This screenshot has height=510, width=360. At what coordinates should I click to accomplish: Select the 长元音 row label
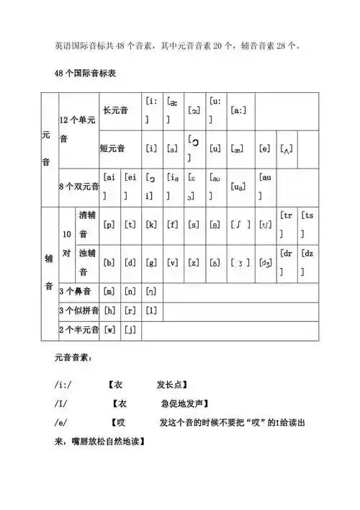coord(119,111)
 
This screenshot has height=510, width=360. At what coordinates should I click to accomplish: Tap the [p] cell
coord(109,225)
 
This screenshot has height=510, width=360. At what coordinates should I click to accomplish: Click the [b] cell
coord(109,263)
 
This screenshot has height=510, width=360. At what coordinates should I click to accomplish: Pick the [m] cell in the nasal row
coord(109,292)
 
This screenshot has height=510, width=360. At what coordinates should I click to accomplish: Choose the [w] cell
coord(109,331)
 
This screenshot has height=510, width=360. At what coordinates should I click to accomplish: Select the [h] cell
coord(109,311)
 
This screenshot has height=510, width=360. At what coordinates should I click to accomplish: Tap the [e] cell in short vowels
coord(265,149)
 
